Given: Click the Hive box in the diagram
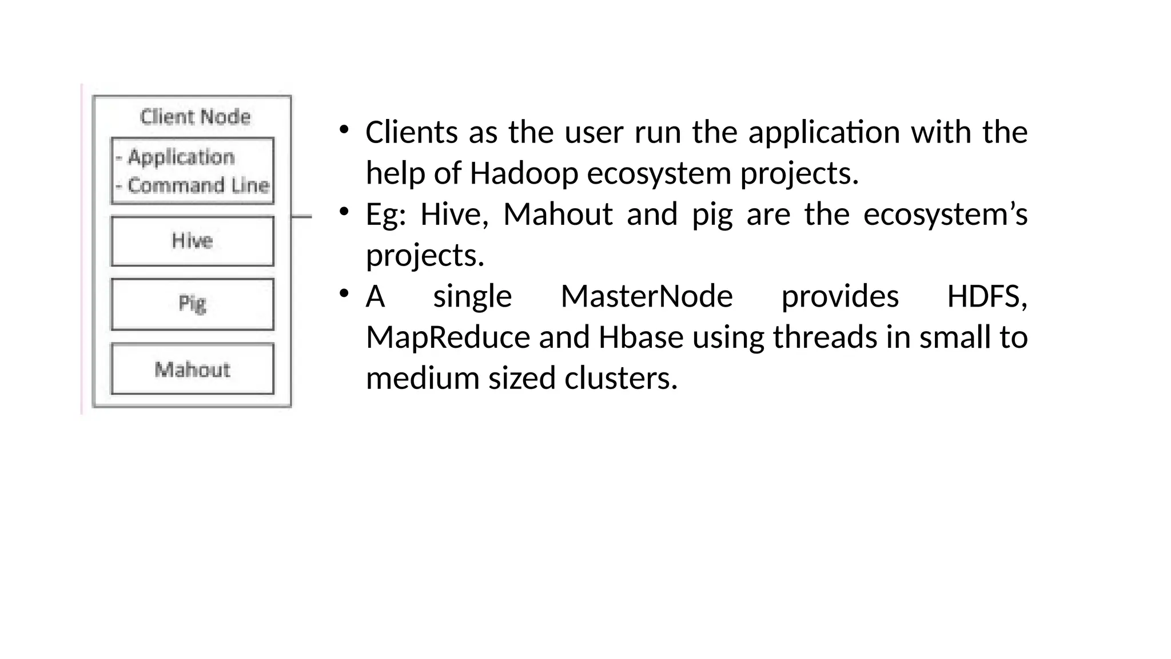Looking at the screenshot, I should pos(192,241).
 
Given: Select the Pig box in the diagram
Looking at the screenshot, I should pos(192,304).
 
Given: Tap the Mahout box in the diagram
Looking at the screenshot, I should pos(192,369).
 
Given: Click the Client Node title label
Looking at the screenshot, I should pos(195,117).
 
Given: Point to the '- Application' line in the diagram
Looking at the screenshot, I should pos(176,157).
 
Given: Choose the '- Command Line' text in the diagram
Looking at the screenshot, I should pos(193,185).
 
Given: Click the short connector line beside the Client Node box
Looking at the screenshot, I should pos(301,216).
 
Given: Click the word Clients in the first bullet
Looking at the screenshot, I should pos(411,132).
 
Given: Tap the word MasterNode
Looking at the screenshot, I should pos(646,296).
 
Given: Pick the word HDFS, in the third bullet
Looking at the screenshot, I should pos(987,296).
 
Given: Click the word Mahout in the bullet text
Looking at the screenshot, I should pos(557,215).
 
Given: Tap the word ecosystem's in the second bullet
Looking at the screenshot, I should pos(945,215).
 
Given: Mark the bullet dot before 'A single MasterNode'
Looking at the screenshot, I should pos(344,294).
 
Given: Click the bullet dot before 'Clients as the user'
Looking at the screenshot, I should pos(344,130).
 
